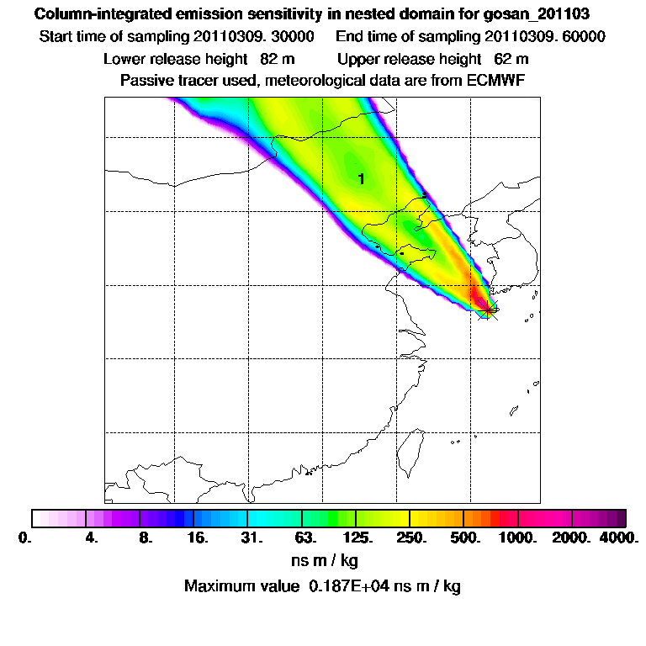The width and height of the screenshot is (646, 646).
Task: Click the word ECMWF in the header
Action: pos(495,81)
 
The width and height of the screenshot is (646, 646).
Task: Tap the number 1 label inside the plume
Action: pos(361,179)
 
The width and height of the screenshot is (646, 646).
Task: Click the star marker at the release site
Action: pos(486,310)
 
